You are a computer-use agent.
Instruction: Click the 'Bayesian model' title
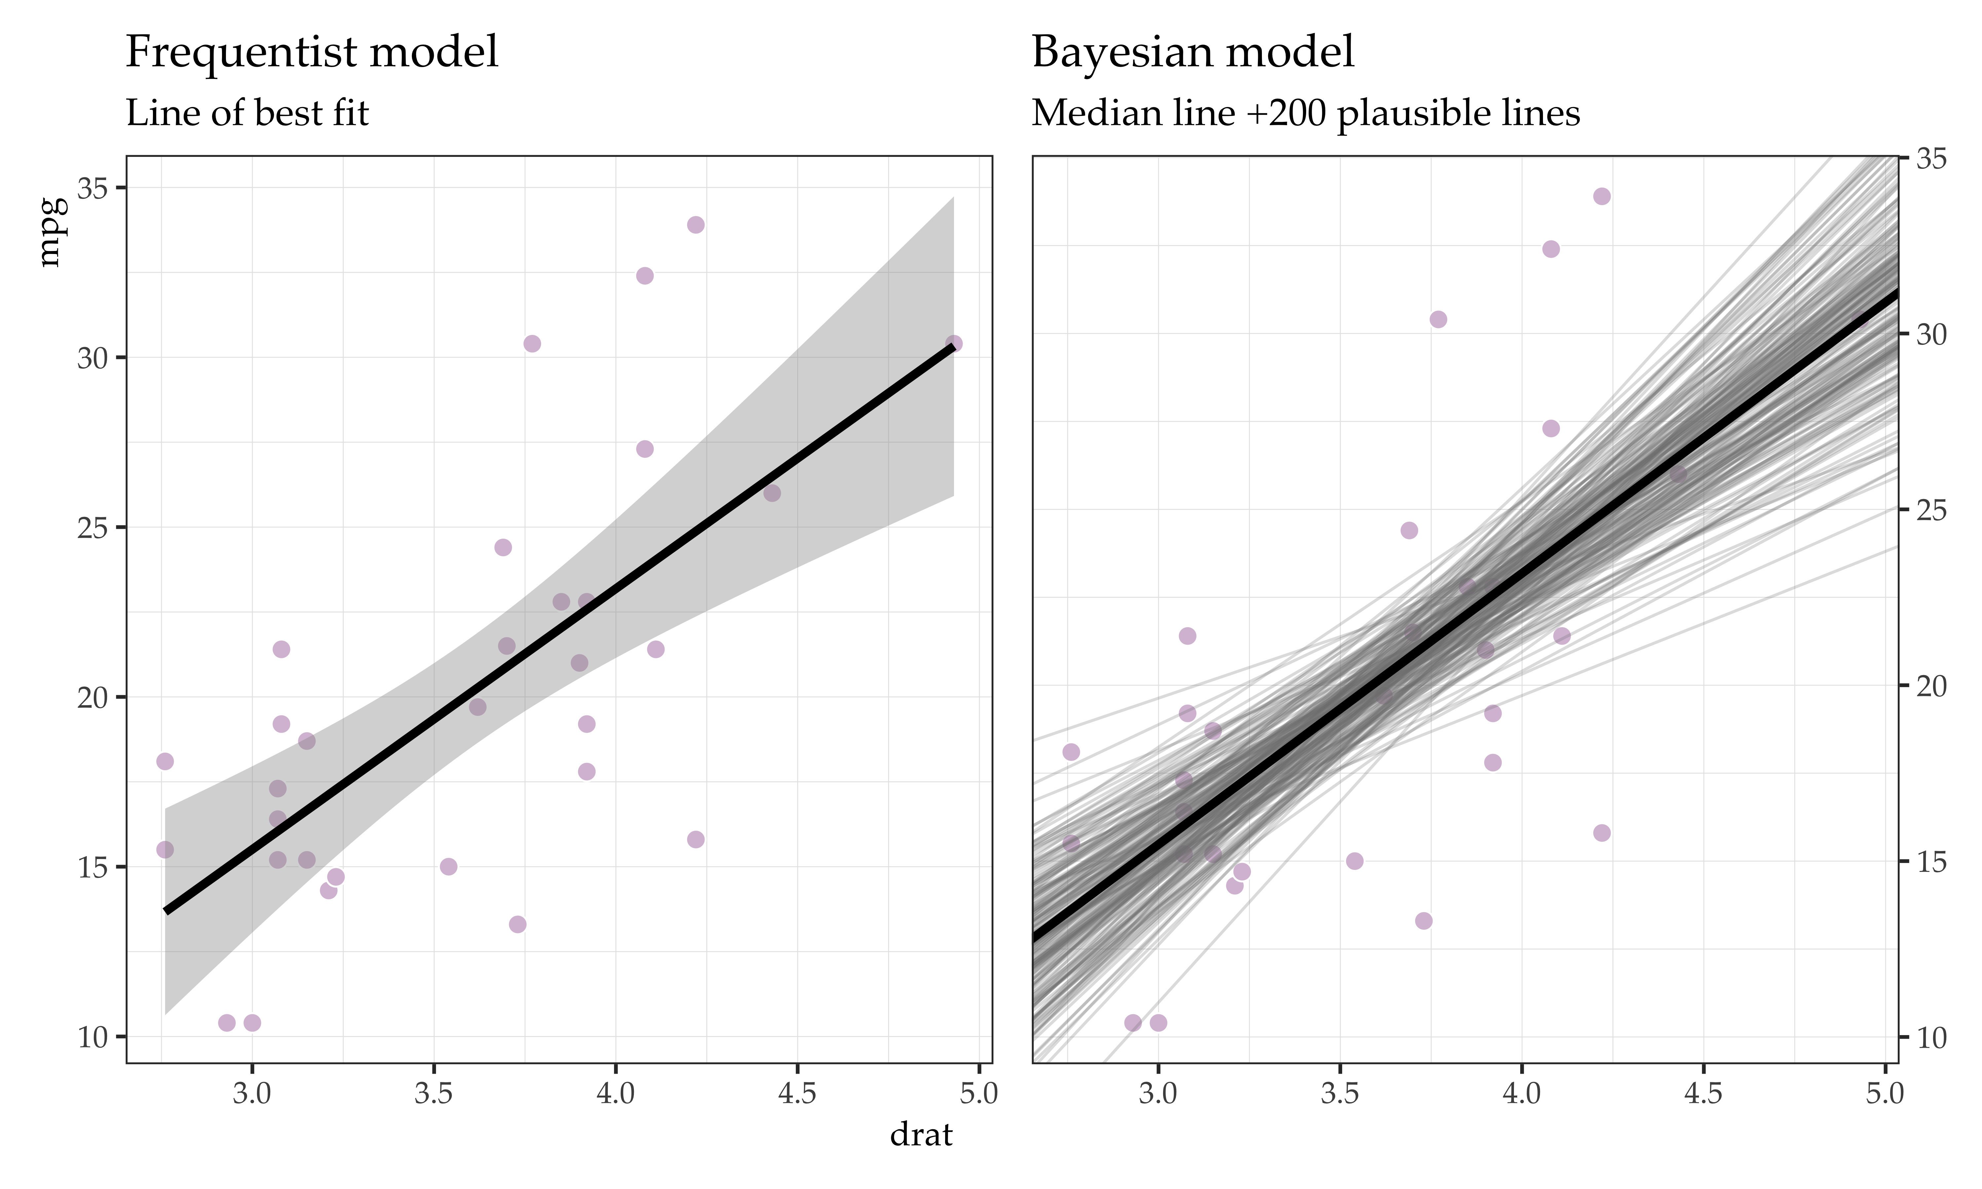[1193, 53]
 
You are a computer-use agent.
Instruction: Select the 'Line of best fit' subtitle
[247, 114]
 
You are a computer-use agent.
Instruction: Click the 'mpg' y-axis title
[50, 233]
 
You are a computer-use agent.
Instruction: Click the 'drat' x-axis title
[921, 1135]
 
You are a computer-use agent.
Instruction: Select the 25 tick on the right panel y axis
[1931, 510]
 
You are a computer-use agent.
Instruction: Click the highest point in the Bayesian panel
[1601, 196]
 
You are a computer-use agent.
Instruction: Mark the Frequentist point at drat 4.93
[953, 344]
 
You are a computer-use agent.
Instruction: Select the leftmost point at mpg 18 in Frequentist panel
[165, 761]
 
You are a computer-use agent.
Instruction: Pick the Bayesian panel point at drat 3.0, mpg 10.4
[1158, 1022]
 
